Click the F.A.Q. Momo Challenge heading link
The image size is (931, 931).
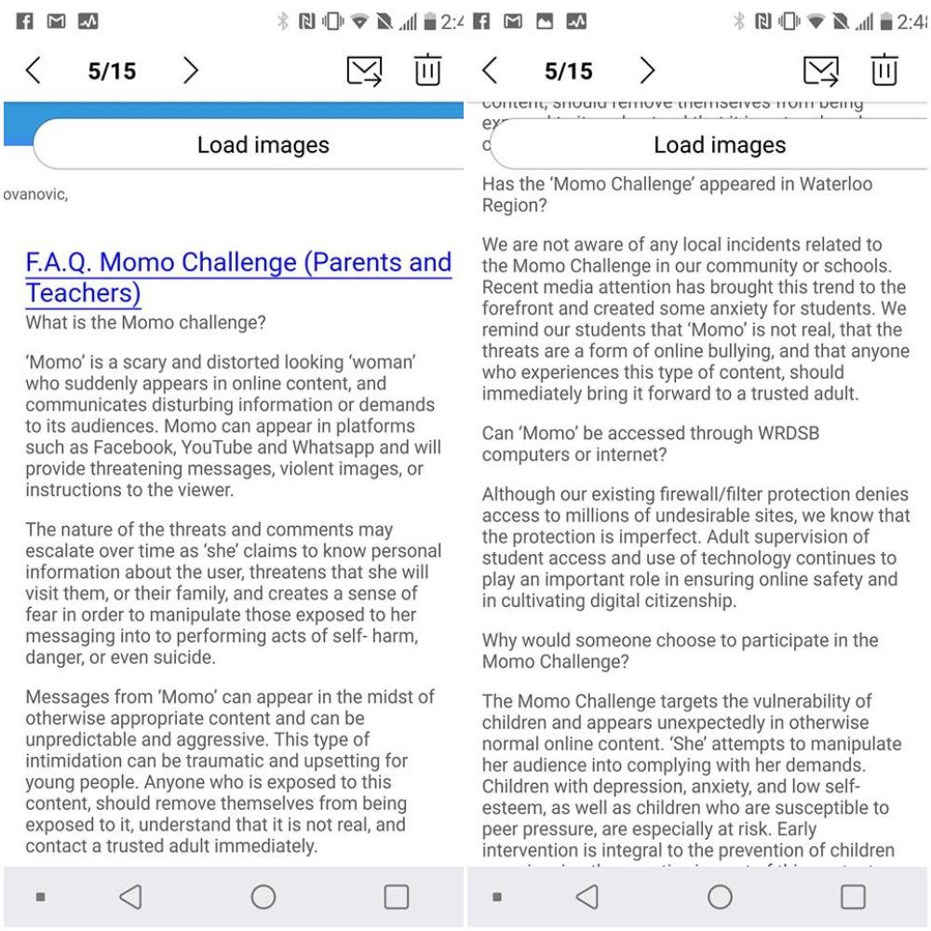tap(237, 277)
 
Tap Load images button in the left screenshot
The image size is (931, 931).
tap(263, 145)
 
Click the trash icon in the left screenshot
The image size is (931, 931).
tap(427, 71)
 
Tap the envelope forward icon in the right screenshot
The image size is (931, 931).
tap(820, 71)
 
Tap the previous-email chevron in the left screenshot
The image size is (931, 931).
tap(34, 71)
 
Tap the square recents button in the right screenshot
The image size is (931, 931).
tap(853, 897)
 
